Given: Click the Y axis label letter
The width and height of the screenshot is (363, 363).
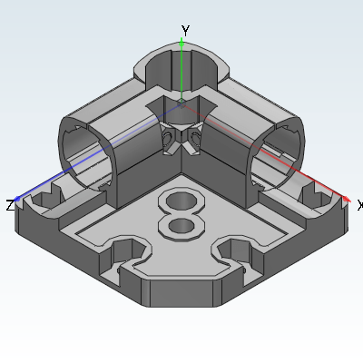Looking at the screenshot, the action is tap(185, 31).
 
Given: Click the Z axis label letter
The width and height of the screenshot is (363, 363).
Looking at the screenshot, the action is tap(10, 205).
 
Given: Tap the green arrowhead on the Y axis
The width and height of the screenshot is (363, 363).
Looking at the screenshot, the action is tap(181, 44).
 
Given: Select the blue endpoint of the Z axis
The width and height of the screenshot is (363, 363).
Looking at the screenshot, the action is tap(17, 199).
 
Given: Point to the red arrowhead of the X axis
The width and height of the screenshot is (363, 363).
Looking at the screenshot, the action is tap(346, 199).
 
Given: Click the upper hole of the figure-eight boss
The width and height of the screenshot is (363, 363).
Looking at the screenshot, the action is tap(181, 201).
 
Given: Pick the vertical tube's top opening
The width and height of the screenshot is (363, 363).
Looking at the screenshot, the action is tap(181, 71).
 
